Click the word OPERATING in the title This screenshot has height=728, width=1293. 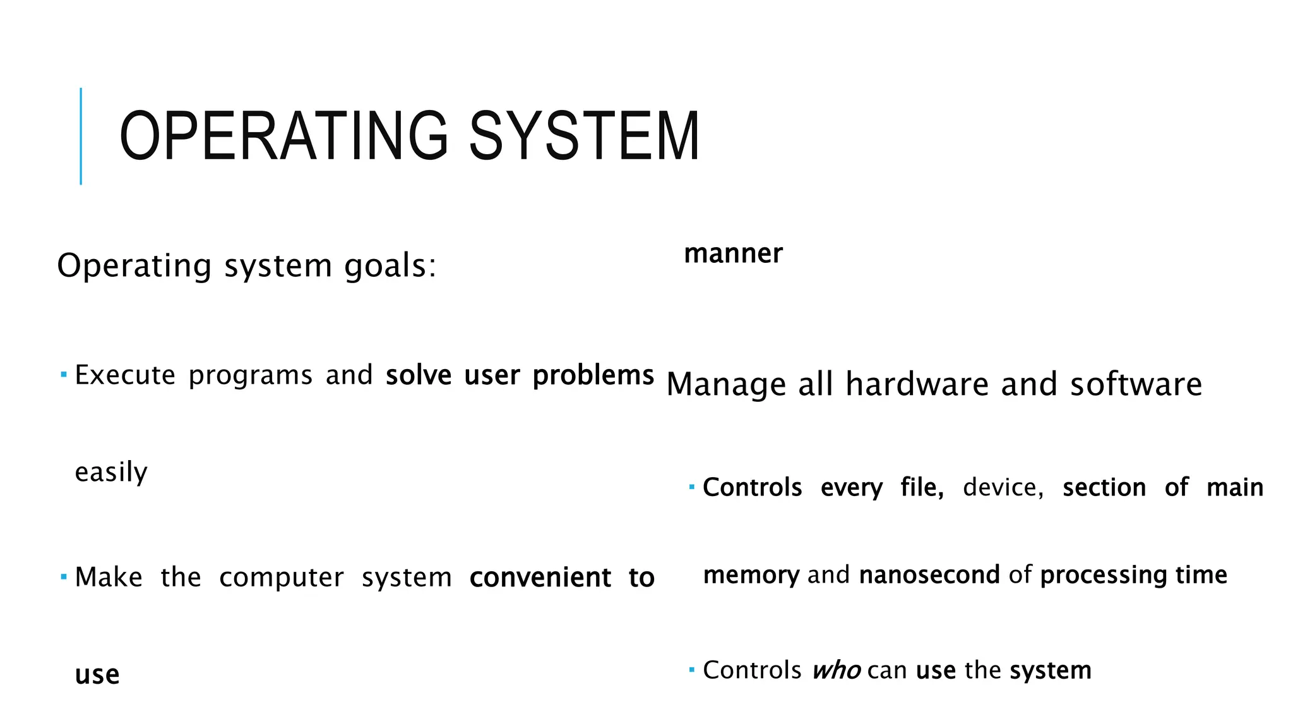click(x=283, y=136)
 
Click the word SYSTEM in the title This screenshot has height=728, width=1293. click(x=584, y=136)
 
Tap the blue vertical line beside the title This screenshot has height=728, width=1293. click(x=81, y=136)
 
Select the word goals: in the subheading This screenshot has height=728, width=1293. click(x=390, y=265)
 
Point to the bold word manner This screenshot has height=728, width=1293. click(x=733, y=253)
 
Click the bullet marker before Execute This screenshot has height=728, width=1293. click(x=64, y=375)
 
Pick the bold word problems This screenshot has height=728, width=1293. click(x=593, y=375)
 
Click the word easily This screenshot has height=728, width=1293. click(x=111, y=472)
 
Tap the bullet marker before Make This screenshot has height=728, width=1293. click(x=64, y=576)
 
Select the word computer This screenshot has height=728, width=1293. click(x=282, y=578)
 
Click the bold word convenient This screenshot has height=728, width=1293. click(x=540, y=578)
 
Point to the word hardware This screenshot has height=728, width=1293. click(x=917, y=384)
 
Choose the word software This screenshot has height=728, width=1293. click(x=1136, y=384)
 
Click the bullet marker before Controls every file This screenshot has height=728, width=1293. click(x=692, y=487)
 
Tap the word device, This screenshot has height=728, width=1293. click(x=1003, y=487)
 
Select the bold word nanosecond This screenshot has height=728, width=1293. click(x=929, y=574)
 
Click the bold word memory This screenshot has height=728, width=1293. click(x=751, y=575)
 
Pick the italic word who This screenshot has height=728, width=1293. click(x=836, y=670)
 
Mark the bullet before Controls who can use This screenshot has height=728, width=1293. click(x=692, y=669)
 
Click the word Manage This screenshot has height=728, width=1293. click(x=725, y=384)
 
